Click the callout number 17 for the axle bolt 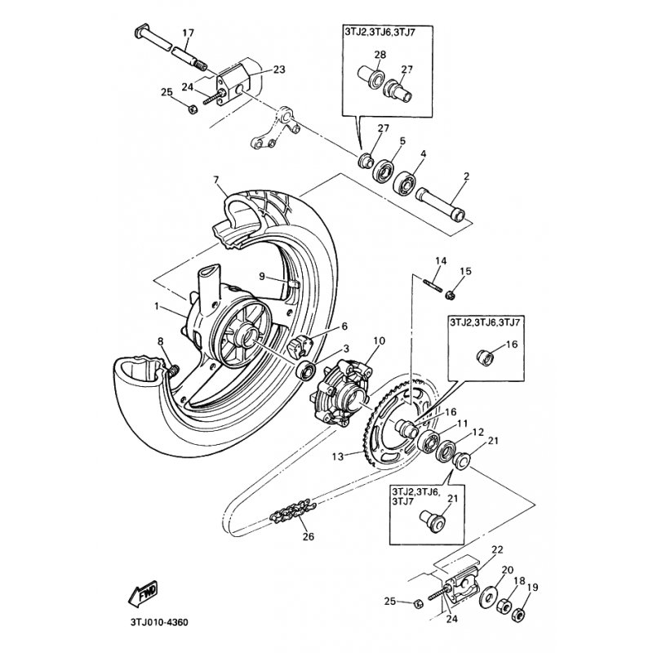click(189, 33)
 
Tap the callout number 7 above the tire click(216, 179)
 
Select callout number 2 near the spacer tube click(466, 175)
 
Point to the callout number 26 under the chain click(308, 536)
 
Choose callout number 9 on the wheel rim click(262, 277)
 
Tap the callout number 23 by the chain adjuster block click(279, 70)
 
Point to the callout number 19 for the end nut click(534, 586)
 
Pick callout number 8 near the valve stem click(160, 341)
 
